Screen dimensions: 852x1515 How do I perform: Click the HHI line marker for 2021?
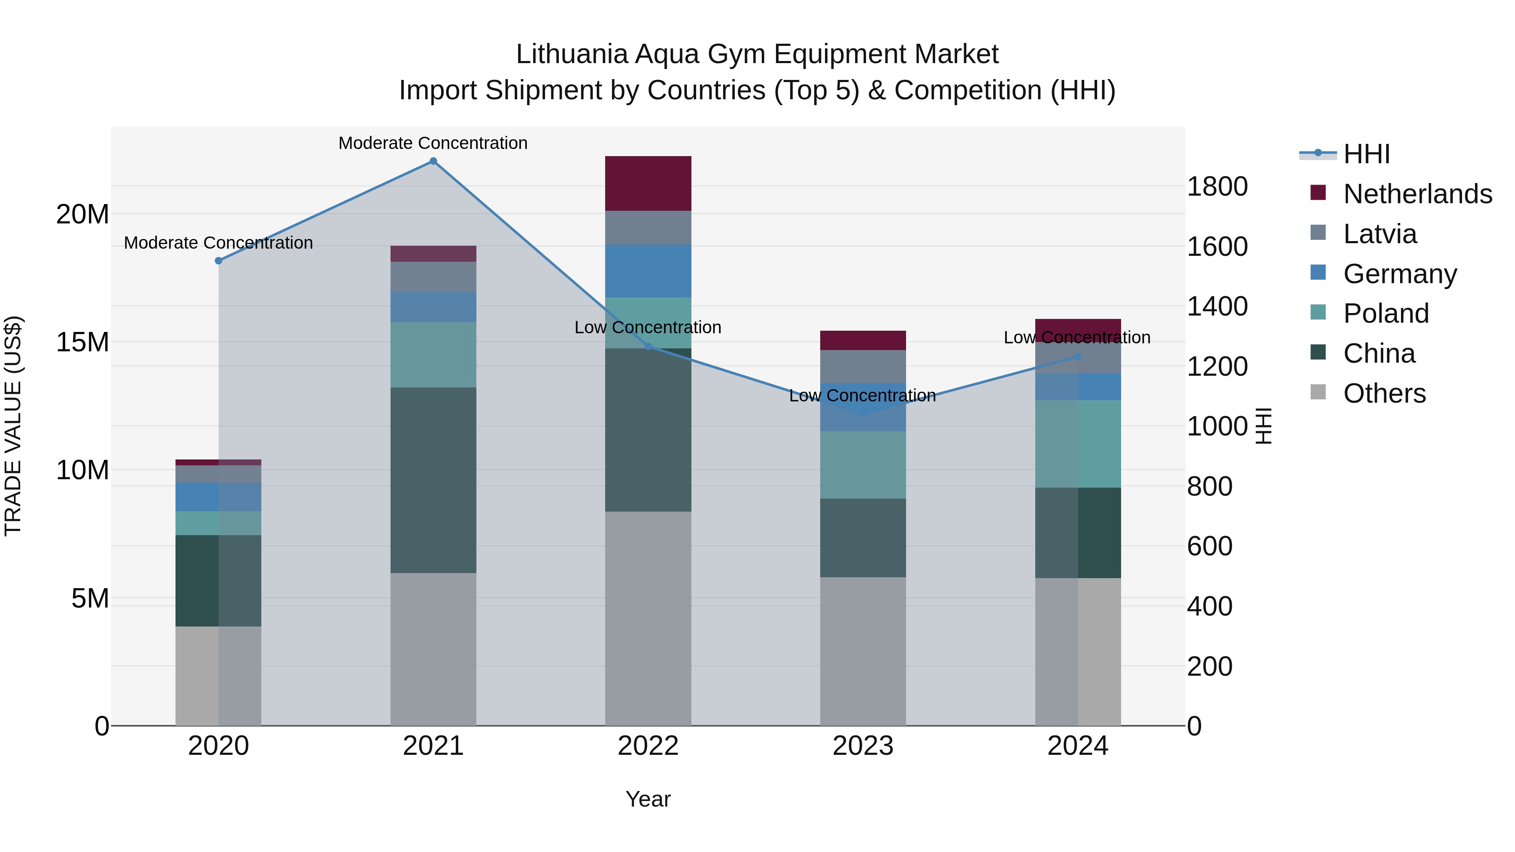pos(433,161)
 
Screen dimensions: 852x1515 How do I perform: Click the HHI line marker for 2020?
pos(218,260)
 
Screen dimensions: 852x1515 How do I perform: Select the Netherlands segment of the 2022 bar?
pos(648,183)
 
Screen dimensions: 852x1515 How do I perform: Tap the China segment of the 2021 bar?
pos(433,480)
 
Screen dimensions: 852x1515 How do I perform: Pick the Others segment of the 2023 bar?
pos(863,651)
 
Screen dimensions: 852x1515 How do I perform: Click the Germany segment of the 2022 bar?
pos(648,271)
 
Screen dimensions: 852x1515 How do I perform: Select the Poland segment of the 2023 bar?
pos(863,464)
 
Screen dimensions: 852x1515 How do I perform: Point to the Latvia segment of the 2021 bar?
pos(433,276)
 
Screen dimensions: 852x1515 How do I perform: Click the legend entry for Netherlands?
pos(1417,194)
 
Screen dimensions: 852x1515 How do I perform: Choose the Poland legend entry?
pos(1386,313)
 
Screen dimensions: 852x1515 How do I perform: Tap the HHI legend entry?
pos(1366,154)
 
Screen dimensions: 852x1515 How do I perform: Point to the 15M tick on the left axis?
pos(82,342)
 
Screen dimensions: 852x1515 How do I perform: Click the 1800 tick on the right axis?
pos(1216,186)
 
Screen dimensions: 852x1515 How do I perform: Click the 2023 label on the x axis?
pos(863,746)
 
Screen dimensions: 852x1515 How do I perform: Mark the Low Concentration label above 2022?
pos(648,327)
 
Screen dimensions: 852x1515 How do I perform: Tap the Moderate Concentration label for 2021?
pos(433,143)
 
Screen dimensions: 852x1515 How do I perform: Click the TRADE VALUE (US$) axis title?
pos(13,426)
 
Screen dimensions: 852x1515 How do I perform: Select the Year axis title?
pos(648,799)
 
